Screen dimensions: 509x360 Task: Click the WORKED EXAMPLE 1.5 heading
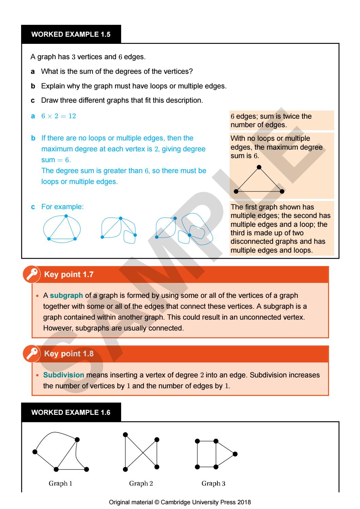70,34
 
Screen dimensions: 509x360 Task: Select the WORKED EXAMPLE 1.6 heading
70,412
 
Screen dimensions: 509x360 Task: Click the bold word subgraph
66,295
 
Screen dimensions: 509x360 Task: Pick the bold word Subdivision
64,375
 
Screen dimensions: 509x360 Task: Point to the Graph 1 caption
60,483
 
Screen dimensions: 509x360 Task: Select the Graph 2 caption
141,483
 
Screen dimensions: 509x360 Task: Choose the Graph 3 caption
213,483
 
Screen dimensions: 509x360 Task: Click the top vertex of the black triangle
259,167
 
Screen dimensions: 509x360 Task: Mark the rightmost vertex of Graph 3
235,454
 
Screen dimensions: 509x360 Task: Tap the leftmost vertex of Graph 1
34,452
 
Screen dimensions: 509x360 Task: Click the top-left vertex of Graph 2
125,434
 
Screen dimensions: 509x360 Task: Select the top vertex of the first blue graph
66,216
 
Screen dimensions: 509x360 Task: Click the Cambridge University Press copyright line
180,502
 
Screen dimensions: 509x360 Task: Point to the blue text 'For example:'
62,207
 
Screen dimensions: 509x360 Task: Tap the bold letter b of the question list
33,86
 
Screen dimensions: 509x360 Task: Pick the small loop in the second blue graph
129,237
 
